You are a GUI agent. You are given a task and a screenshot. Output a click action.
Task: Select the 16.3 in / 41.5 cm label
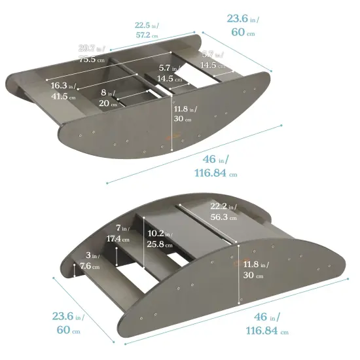tap(63, 90)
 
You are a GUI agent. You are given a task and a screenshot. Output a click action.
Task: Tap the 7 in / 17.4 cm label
tap(120, 232)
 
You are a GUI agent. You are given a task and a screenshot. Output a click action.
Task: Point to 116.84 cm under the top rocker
tap(215, 173)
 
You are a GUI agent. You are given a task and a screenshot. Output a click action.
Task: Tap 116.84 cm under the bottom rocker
tap(266, 331)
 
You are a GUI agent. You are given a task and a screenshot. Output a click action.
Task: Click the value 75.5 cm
tap(94, 58)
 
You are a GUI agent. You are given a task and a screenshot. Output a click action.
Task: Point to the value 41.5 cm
tap(63, 96)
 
